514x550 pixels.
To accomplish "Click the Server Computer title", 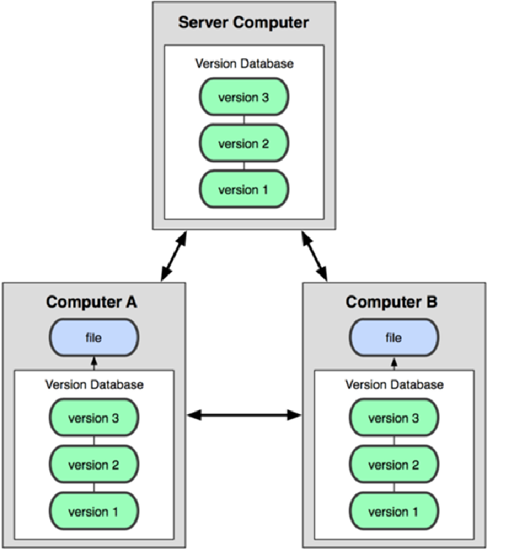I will pos(243,22).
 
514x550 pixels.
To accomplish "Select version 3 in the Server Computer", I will pos(243,97).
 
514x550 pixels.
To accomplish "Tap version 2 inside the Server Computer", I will pos(243,144).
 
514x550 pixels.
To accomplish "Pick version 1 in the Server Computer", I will pos(243,190).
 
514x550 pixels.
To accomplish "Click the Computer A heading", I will pos(92,302).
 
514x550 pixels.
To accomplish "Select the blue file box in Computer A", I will pos(93,338).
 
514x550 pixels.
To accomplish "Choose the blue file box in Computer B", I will pos(393,338).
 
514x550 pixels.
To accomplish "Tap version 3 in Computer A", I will pos(93,418).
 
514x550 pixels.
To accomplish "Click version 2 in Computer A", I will pos(93,465).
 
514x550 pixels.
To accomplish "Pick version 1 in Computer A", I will pos(93,511).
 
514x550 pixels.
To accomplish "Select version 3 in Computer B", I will pos(393,418).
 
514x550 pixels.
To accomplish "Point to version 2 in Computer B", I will pos(393,465).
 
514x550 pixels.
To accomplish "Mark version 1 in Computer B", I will pos(393,511).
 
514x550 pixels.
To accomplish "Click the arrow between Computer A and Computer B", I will pos(244,415).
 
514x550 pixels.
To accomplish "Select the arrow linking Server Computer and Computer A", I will pos(174,256).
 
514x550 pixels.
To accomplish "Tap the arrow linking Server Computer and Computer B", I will pos(315,256).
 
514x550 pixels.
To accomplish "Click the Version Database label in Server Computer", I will pos(244,63).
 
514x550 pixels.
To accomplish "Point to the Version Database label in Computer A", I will pos(94,385).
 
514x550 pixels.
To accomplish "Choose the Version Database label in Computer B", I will pos(394,385).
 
